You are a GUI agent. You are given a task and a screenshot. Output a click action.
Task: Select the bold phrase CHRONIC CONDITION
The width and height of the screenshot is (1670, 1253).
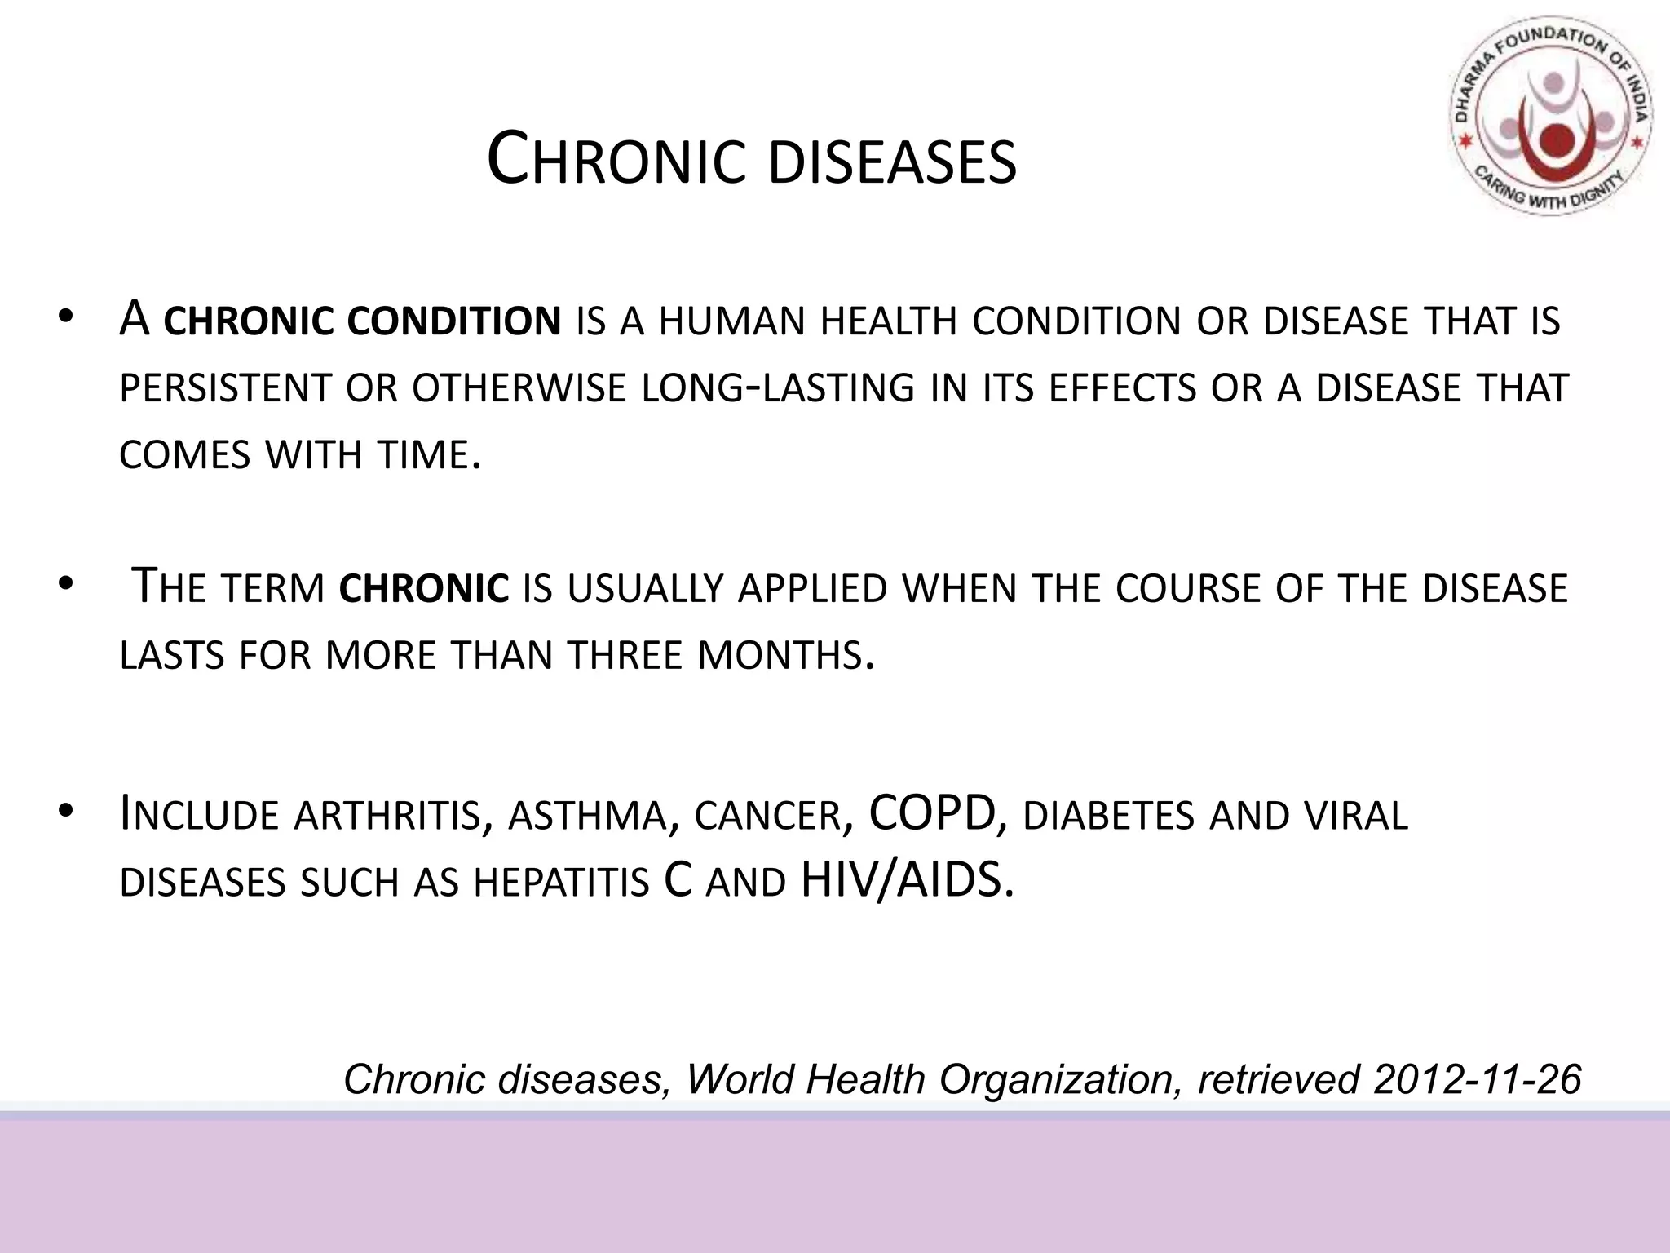coord(362,321)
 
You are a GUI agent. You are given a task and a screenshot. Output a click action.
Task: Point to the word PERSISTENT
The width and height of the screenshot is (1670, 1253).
coord(224,388)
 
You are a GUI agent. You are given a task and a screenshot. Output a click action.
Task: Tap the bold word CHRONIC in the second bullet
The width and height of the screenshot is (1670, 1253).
coord(423,589)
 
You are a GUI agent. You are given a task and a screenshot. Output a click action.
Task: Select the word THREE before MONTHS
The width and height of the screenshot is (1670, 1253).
coord(624,655)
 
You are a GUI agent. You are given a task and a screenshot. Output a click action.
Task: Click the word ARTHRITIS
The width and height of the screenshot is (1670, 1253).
coord(386,816)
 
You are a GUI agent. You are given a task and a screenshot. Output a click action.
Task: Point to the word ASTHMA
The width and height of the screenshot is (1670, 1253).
coord(587,816)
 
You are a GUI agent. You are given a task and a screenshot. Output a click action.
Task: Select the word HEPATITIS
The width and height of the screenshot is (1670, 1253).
coord(561,883)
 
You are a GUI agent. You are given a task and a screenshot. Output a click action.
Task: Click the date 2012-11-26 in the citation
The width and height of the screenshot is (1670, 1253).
coord(1477,1079)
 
